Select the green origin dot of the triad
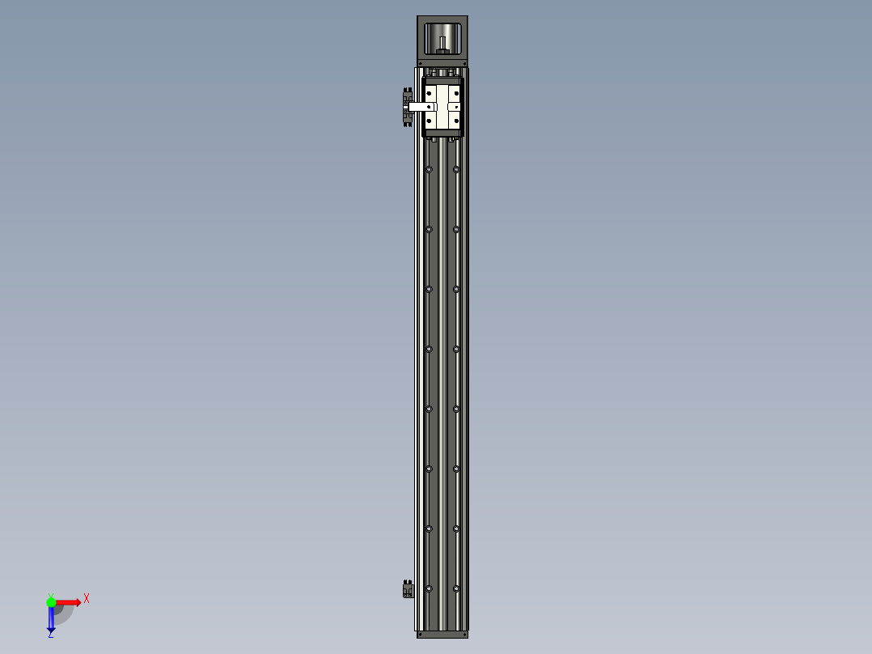point(51,601)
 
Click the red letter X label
point(86,599)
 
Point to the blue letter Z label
point(50,636)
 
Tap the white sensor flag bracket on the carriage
point(421,106)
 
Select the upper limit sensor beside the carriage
point(407,108)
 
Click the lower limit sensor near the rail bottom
point(407,590)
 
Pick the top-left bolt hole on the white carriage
point(430,93)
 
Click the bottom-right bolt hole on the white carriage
point(456,121)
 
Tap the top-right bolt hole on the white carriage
point(456,93)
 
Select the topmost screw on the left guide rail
point(429,169)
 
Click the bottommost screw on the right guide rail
point(456,588)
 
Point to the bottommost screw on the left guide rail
point(429,588)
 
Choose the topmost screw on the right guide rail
point(456,169)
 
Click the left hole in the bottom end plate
point(421,635)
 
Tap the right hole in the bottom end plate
point(464,635)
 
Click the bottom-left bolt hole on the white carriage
point(430,121)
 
